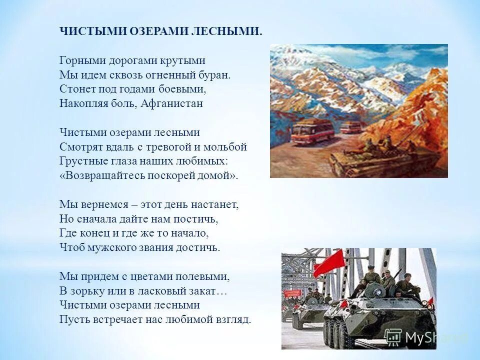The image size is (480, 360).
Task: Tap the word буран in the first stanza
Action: (x=215, y=75)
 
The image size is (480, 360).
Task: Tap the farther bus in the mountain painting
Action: (x=350, y=127)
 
